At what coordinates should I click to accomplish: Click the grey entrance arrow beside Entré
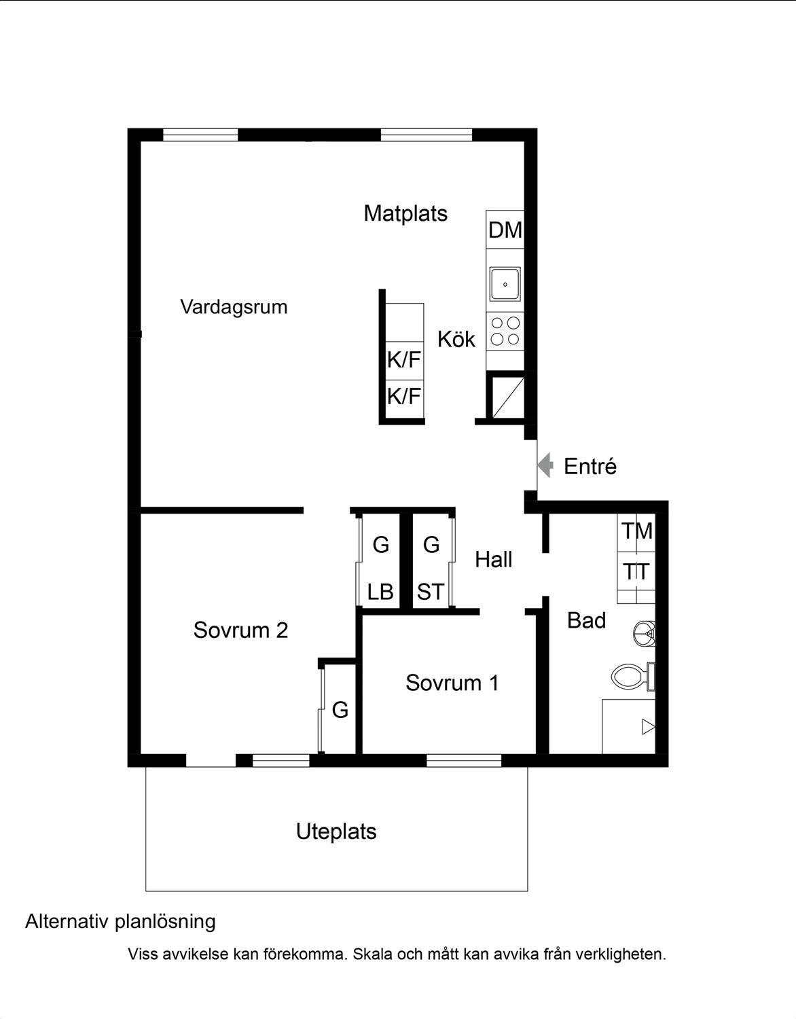545,465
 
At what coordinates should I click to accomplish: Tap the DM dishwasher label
505,230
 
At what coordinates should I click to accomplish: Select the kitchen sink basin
505,284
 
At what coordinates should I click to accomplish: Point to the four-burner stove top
505,331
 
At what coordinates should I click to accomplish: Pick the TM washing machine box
636,533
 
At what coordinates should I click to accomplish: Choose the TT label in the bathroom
636,572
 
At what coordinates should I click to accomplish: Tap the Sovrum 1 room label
452,683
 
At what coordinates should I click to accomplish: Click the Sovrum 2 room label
240,630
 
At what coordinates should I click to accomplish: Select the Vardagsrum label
234,308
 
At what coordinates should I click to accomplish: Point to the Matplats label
405,214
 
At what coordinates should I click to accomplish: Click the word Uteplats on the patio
336,832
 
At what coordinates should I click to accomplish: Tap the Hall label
494,560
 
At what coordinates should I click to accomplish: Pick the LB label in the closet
380,592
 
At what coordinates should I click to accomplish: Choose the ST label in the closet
431,592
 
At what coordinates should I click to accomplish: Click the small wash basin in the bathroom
644,634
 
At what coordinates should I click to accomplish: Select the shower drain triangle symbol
649,727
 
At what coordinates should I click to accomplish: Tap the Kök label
456,339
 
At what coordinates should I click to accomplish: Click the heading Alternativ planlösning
120,922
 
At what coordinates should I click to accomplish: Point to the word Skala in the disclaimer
373,954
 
